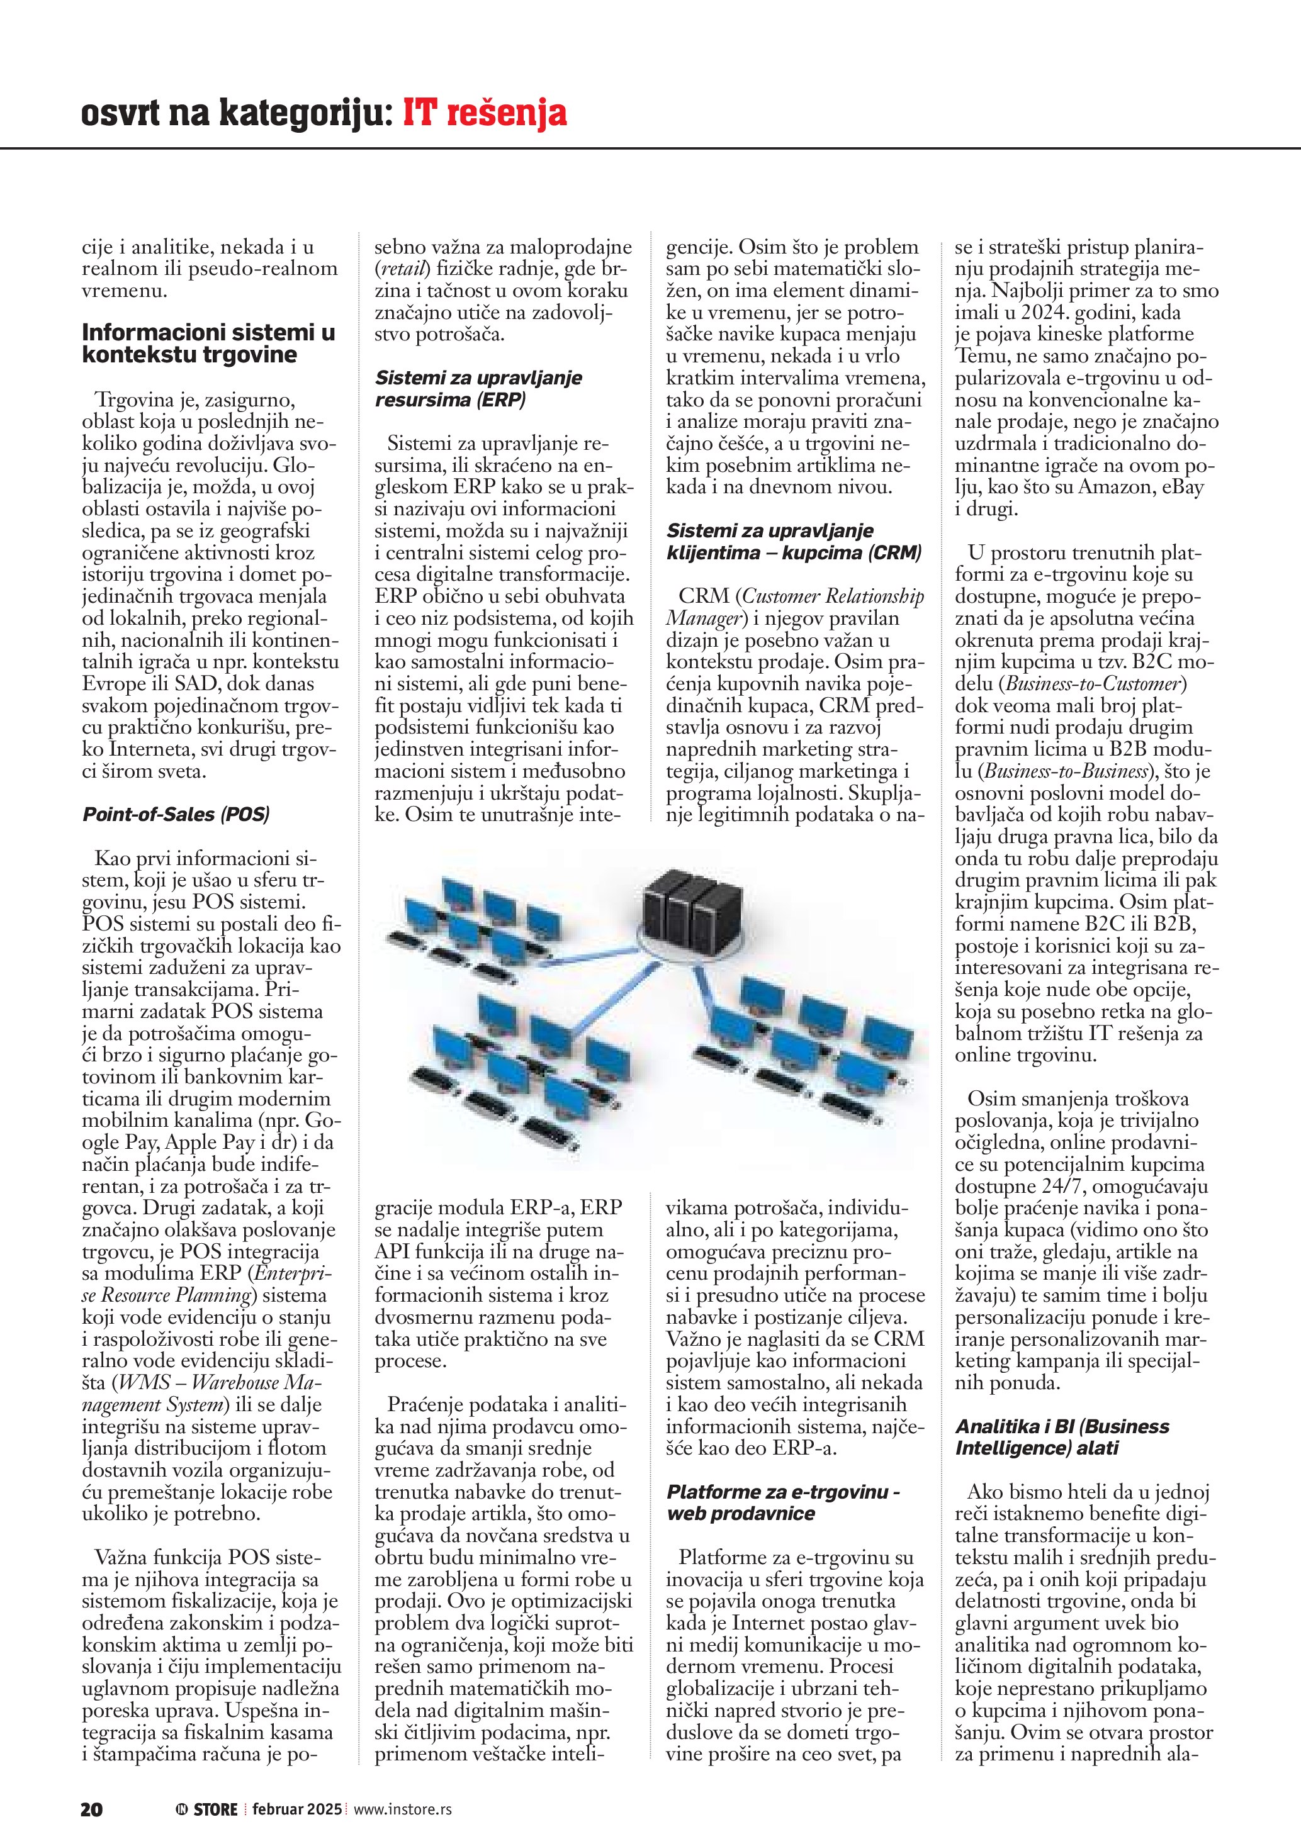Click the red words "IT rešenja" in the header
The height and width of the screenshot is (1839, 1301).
click(x=484, y=113)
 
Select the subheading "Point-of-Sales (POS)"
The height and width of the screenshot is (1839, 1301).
click(x=176, y=815)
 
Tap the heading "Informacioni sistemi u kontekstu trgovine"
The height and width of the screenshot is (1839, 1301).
click(x=208, y=343)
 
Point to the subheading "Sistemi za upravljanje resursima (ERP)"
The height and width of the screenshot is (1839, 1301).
click(x=478, y=388)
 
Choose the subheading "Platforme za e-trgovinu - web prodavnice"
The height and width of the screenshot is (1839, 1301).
click(x=783, y=1502)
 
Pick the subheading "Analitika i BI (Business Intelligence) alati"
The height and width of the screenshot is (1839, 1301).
click(x=1061, y=1437)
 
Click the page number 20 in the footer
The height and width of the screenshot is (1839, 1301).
click(x=91, y=1809)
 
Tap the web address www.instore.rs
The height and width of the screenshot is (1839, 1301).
click(x=402, y=1809)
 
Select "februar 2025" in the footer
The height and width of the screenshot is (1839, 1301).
click(x=296, y=1809)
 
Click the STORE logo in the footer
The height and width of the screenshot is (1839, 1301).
click(x=208, y=1809)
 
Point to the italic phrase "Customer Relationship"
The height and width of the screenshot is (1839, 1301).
click(x=833, y=596)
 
